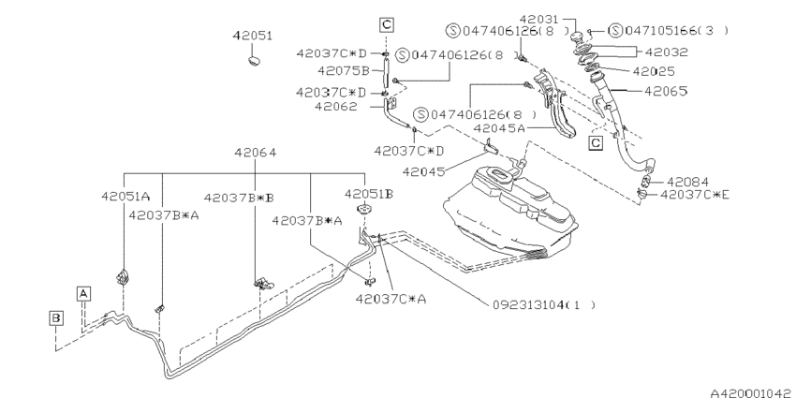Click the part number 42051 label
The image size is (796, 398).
tap(252, 36)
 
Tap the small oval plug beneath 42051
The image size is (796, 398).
tap(255, 61)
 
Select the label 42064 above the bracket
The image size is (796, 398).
tap(255, 153)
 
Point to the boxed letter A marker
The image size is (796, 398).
tap(83, 293)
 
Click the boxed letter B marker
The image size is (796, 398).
tap(56, 318)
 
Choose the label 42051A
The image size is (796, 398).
tap(125, 197)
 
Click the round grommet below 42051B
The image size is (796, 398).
tap(363, 209)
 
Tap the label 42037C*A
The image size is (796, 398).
tap(391, 299)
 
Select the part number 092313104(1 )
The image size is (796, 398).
tap(544, 304)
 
